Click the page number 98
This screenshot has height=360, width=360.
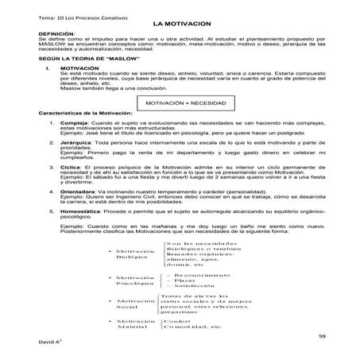point(322,338)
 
